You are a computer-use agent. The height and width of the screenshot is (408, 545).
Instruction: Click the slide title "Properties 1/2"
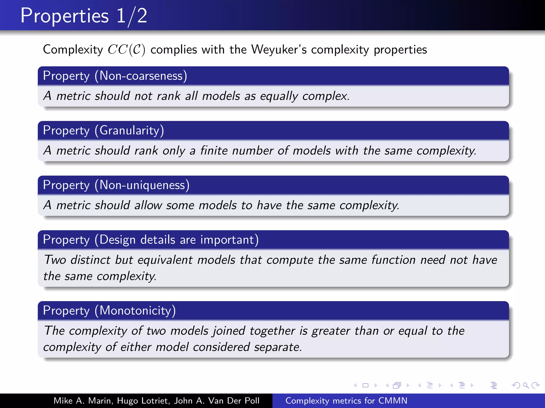(84, 16)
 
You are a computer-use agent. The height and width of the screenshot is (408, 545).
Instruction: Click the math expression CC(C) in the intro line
(126, 50)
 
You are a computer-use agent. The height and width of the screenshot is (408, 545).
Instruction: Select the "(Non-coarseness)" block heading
(141, 76)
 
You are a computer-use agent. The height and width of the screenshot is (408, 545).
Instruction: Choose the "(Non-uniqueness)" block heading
(142, 185)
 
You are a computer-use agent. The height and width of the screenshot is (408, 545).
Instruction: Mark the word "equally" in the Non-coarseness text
(279, 96)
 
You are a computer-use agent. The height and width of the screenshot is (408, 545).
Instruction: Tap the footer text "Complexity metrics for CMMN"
(346, 401)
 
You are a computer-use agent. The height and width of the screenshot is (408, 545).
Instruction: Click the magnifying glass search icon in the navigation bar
(526, 385)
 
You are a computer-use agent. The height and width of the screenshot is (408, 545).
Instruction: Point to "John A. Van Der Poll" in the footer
(217, 401)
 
